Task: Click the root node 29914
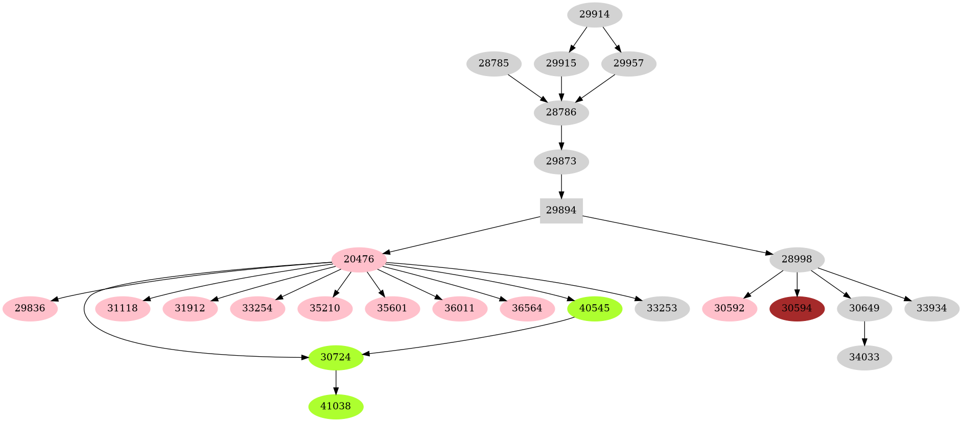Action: click(594, 14)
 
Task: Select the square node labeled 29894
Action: click(561, 210)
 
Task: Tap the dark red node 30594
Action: click(796, 308)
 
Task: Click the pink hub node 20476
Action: click(359, 259)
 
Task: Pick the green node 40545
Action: click(594, 308)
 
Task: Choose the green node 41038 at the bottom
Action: click(336, 406)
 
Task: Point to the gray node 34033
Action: click(864, 357)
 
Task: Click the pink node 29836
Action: click(30, 308)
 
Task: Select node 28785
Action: click(494, 63)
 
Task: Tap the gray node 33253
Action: click(662, 308)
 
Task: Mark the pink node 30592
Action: click(729, 308)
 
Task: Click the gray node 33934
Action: click(931, 308)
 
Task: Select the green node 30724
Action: click(336, 357)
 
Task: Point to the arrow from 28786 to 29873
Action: click(561, 137)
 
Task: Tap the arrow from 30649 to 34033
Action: click(864, 333)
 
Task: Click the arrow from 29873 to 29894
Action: click(561, 186)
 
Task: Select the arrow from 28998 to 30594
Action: click(796, 284)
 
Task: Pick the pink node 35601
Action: click(392, 308)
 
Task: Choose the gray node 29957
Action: click(628, 63)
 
